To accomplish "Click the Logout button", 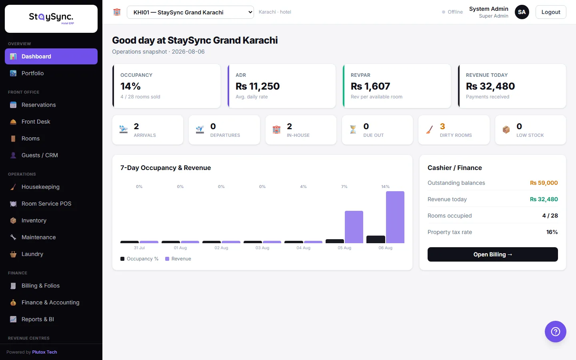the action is click(550, 12).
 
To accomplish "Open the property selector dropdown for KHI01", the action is click(190, 12).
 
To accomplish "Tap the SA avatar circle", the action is click(522, 12).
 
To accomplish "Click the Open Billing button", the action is click(493, 254).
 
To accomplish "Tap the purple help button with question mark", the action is click(556, 332).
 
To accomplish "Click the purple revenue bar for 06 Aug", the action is click(395, 217).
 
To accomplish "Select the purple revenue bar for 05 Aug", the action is click(354, 227).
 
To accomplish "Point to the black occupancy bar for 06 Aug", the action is click(376, 239).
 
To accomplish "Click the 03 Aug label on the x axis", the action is click(262, 248).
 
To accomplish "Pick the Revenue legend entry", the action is click(178, 259).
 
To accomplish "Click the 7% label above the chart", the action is click(344, 186).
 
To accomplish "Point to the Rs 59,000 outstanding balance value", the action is click(544, 183).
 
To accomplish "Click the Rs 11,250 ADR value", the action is click(258, 86).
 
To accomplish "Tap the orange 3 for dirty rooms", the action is click(442, 126).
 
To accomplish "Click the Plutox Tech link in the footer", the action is click(44, 352).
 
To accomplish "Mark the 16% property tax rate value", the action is click(552, 232).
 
